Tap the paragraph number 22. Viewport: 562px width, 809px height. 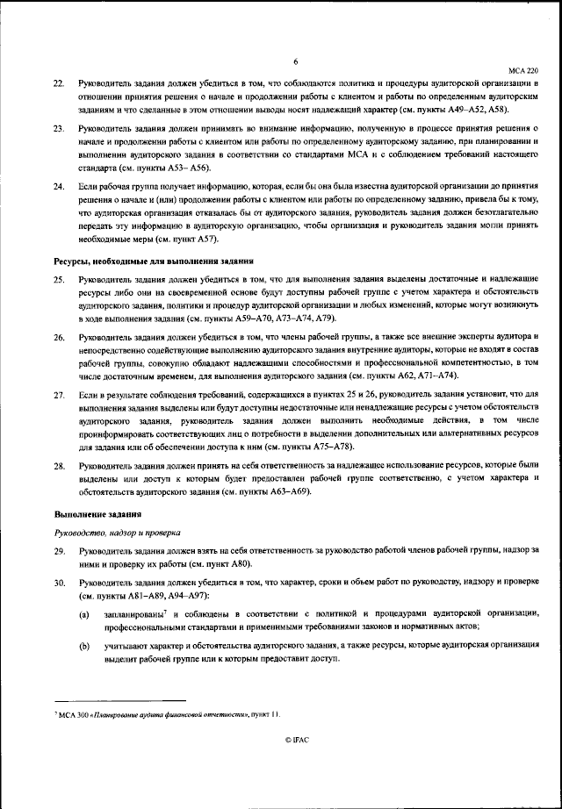click(x=59, y=82)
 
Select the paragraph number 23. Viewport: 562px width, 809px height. click(x=59, y=129)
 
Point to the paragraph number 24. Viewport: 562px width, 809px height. click(x=59, y=188)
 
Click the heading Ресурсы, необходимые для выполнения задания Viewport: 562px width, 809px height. click(x=155, y=261)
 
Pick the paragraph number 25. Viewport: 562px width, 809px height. click(x=59, y=279)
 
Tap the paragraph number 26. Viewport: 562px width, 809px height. click(x=59, y=338)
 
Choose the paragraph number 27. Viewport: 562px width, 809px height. click(x=59, y=397)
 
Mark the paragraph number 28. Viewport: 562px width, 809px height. click(x=59, y=468)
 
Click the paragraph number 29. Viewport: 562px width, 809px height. click(x=59, y=551)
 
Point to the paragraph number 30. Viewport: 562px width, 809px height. click(x=59, y=583)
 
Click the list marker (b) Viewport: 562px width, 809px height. click(x=84, y=646)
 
